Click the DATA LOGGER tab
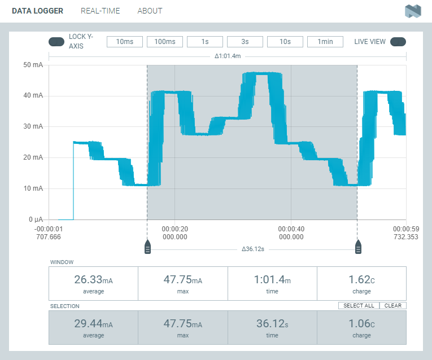(x=37, y=11)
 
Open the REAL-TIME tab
(x=101, y=11)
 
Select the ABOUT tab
(x=150, y=11)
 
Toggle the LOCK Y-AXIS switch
(x=56, y=41)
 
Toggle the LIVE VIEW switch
(x=398, y=41)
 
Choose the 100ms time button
(x=165, y=42)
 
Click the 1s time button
(x=205, y=42)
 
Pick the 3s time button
(x=245, y=42)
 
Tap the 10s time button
(x=285, y=42)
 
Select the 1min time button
(x=325, y=42)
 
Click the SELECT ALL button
(x=359, y=306)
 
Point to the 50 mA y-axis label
(x=33, y=65)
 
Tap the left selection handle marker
(x=147, y=247)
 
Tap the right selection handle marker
(x=358, y=247)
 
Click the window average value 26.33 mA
(x=93, y=280)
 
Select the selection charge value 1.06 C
(x=361, y=324)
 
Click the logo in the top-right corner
(x=413, y=11)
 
